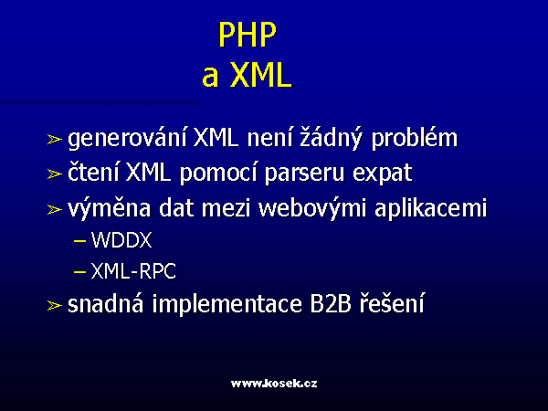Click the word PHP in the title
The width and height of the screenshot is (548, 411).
pyautogui.click(x=248, y=35)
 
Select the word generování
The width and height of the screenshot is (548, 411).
pyautogui.click(x=127, y=139)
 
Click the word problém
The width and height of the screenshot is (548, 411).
pyautogui.click(x=414, y=139)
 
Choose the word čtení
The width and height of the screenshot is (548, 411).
pyautogui.click(x=93, y=173)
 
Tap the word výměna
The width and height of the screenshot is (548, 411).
pyautogui.click(x=109, y=209)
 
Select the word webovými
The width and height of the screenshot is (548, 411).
pyautogui.click(x=312, y=209)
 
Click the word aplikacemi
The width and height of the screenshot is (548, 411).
pyautogui.click(x=430, y=209)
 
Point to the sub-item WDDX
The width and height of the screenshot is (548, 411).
pyautogui.click(x=121, y=240)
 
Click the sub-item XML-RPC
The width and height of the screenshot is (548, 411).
pyautogui.click(x=133, y=271)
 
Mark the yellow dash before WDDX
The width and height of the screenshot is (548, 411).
pyautogui.click(x=79, y=241)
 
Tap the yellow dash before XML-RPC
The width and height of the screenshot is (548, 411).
pyautogui.click(x=79, y=271)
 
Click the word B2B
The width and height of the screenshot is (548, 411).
pyautogui.click(x=331, y=303)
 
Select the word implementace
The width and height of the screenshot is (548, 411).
pyautogui.click(x=227, y=304)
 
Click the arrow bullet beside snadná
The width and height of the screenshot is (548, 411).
pyautogui.click(x=55, y=305)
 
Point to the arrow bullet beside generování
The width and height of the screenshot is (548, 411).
pyautogui.click(x=55, y=140)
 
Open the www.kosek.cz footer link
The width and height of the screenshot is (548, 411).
pyautogui.click(x=274, y=384)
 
